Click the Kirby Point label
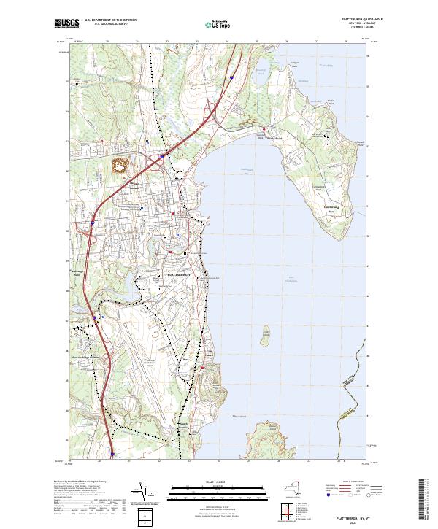[274, 136]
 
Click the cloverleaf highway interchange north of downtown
[160, 156]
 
